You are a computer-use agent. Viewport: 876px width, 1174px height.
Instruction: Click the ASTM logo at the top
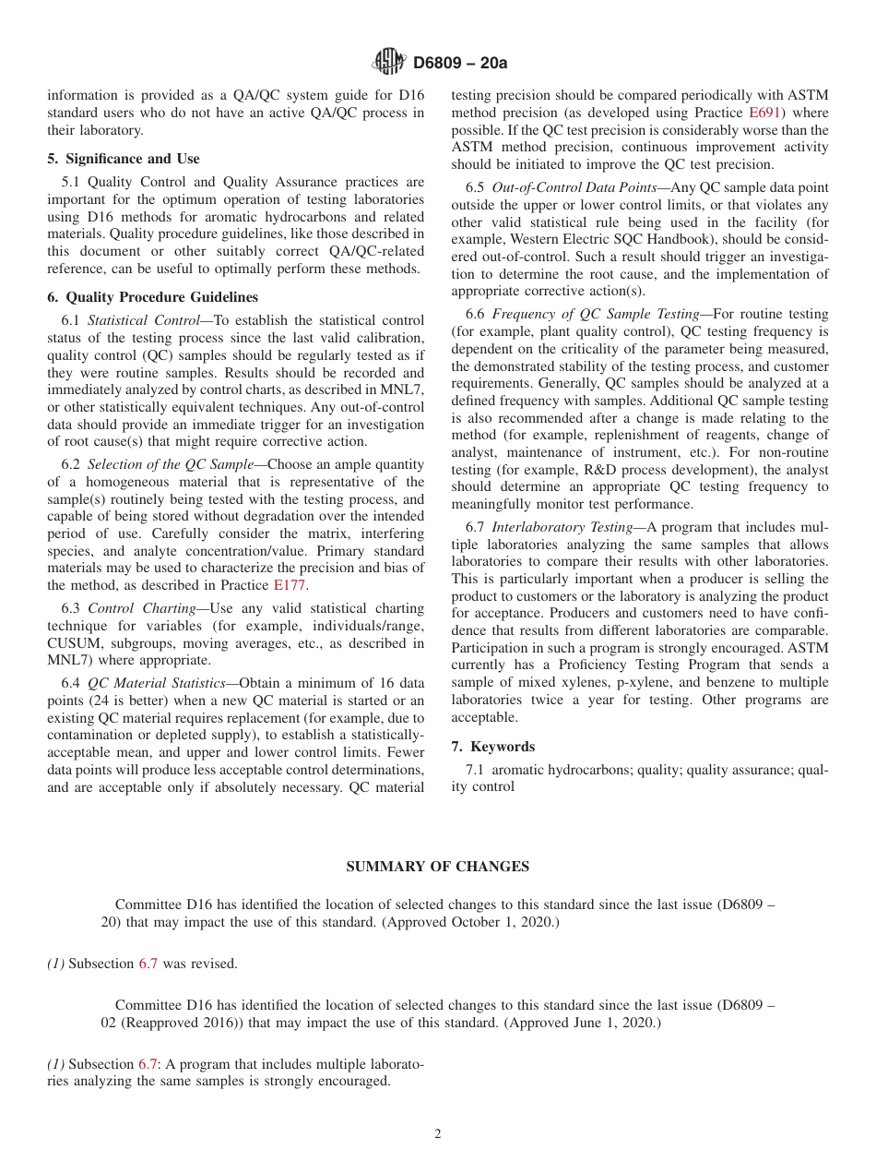tap(388, 62)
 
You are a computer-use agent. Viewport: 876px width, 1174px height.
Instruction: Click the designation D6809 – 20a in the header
tap(460, 63)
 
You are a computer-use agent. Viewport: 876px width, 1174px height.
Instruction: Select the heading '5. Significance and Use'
tap(124, 159)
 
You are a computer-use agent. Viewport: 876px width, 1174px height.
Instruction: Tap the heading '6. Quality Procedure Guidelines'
tap(152, 297)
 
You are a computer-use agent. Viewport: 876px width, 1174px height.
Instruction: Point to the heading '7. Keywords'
tap(492, 746)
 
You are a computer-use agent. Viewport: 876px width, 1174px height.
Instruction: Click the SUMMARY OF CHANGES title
tap(437, 867)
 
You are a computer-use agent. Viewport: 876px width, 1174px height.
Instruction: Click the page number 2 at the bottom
tap(438, 1134)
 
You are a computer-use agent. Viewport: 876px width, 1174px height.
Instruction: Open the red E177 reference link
tap(290, 585)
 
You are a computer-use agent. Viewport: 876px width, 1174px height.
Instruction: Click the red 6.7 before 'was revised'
tap(148, 964)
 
